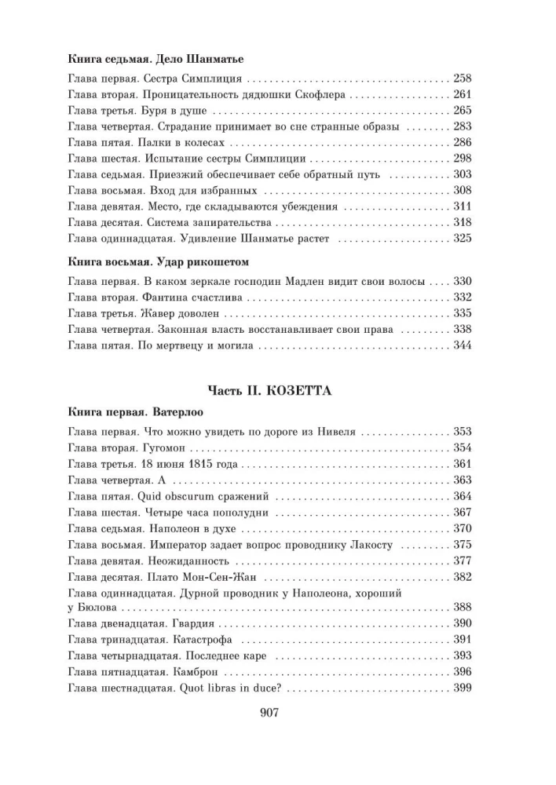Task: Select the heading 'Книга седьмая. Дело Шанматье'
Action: pos(155,59)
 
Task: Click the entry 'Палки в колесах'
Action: pos(188,143)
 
